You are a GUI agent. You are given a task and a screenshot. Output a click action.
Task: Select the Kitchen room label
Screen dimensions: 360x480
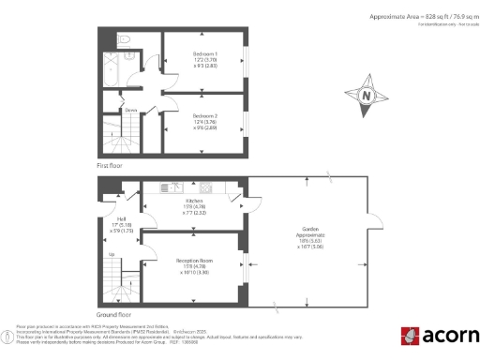[x=194, y=201]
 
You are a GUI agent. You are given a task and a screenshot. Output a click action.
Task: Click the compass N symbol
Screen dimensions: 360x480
[x=366, y=96]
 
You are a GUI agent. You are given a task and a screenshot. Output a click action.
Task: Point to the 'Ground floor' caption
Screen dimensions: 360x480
[x=113, y=316]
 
